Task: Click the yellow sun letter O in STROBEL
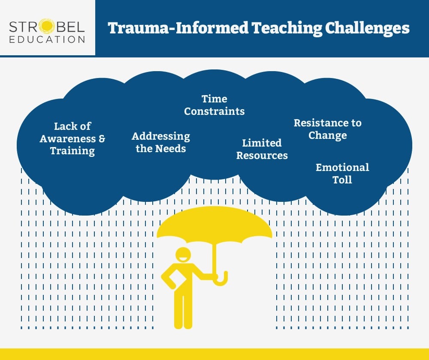pos(46,27)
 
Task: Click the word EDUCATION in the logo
pos(48,39)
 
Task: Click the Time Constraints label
pos(214,105)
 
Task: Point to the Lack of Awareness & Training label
pos(73,138)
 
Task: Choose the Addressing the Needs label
pos(161,142)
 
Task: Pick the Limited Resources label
pos(262,149)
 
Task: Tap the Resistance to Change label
pos(327,129)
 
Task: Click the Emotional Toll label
pos(342,173)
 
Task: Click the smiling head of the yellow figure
pos(183,256)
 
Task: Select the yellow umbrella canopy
pos(214,225)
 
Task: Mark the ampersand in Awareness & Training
pos(102,138)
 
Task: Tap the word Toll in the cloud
pos(342,180)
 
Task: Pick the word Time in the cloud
pos(214,99)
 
